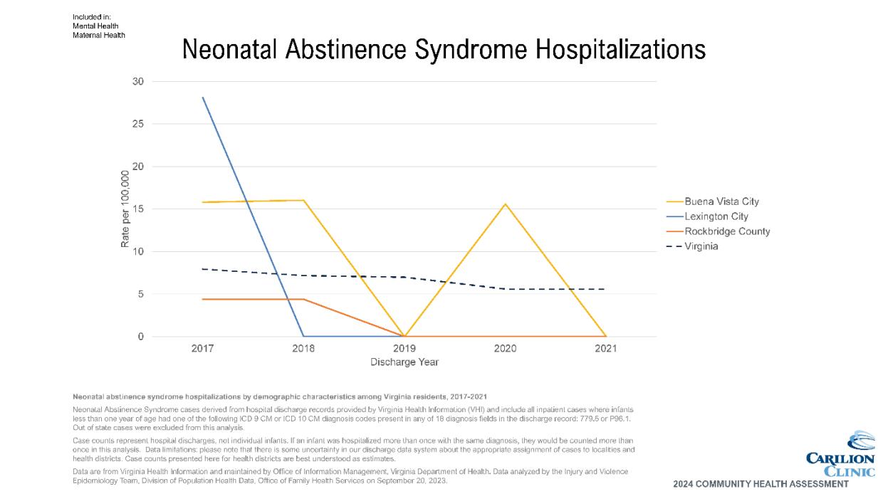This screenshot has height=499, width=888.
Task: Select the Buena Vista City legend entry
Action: coord(716,201)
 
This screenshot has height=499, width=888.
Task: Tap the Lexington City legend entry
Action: coord(716,216)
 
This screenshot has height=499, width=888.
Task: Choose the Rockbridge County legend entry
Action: coord(726,231)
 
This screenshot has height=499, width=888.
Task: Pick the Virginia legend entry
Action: coord(701,246)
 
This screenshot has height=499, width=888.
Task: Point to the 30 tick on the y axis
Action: coord(137,82)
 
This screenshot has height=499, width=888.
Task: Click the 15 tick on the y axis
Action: coord(137,209)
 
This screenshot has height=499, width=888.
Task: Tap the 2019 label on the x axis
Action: coord(404,349)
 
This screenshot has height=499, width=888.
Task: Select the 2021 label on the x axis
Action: coord(605,349)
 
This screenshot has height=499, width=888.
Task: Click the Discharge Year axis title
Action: coord(404,362)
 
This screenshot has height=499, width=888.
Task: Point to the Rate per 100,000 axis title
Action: coord(125,209)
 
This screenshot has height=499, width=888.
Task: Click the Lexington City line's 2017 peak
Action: coord(203,98)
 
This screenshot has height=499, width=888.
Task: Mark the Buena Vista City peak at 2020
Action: coord(505,204)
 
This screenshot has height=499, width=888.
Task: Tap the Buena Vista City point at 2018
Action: coord(304,200)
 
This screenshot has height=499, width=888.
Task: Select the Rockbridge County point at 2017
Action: coord(203,299)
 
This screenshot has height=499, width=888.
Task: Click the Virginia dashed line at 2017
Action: coord(203,269)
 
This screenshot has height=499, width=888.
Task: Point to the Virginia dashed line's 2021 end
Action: coord(605,289)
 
